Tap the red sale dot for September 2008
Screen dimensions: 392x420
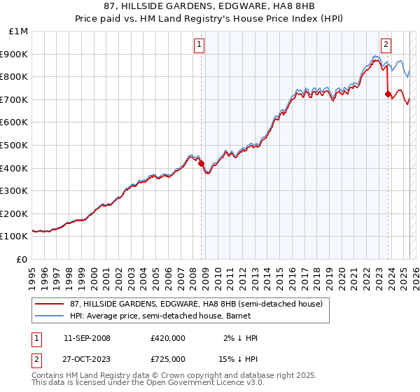coord(202,163)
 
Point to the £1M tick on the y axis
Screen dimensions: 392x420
coord(19,31)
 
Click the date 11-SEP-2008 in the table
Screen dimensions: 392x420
coord(87,338)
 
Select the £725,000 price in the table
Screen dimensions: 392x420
coord(167,359)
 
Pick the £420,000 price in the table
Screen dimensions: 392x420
coord(167,338)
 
